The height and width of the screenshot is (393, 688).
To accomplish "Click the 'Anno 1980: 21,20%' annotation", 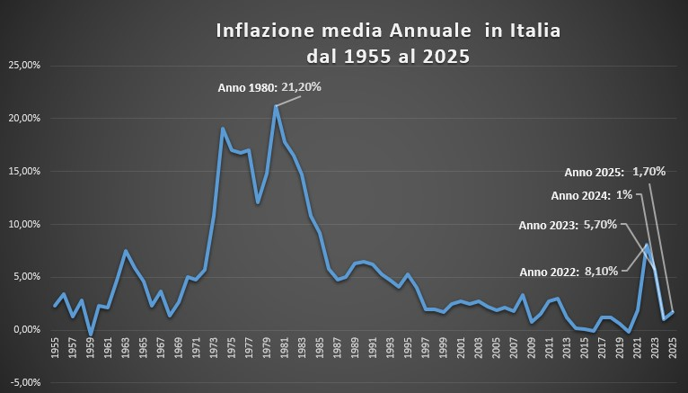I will (269, 87).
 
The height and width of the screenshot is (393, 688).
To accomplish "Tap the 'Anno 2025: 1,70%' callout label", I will (614, 171).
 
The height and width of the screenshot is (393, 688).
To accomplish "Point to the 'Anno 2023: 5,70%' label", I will (568, 225).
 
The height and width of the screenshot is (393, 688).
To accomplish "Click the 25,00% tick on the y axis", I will (24, 66).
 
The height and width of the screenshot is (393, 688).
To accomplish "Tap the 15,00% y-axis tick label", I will (24, 171).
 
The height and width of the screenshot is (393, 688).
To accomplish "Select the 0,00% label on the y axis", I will (26, 329).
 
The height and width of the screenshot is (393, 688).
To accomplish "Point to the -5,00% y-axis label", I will (24, 382).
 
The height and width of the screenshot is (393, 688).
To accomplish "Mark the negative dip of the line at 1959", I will (90, 335).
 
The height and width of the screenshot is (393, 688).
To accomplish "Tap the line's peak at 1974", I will (222, 129).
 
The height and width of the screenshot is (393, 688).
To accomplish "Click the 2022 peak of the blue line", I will (646, 245).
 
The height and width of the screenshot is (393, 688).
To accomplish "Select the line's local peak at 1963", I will (125, 251).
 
